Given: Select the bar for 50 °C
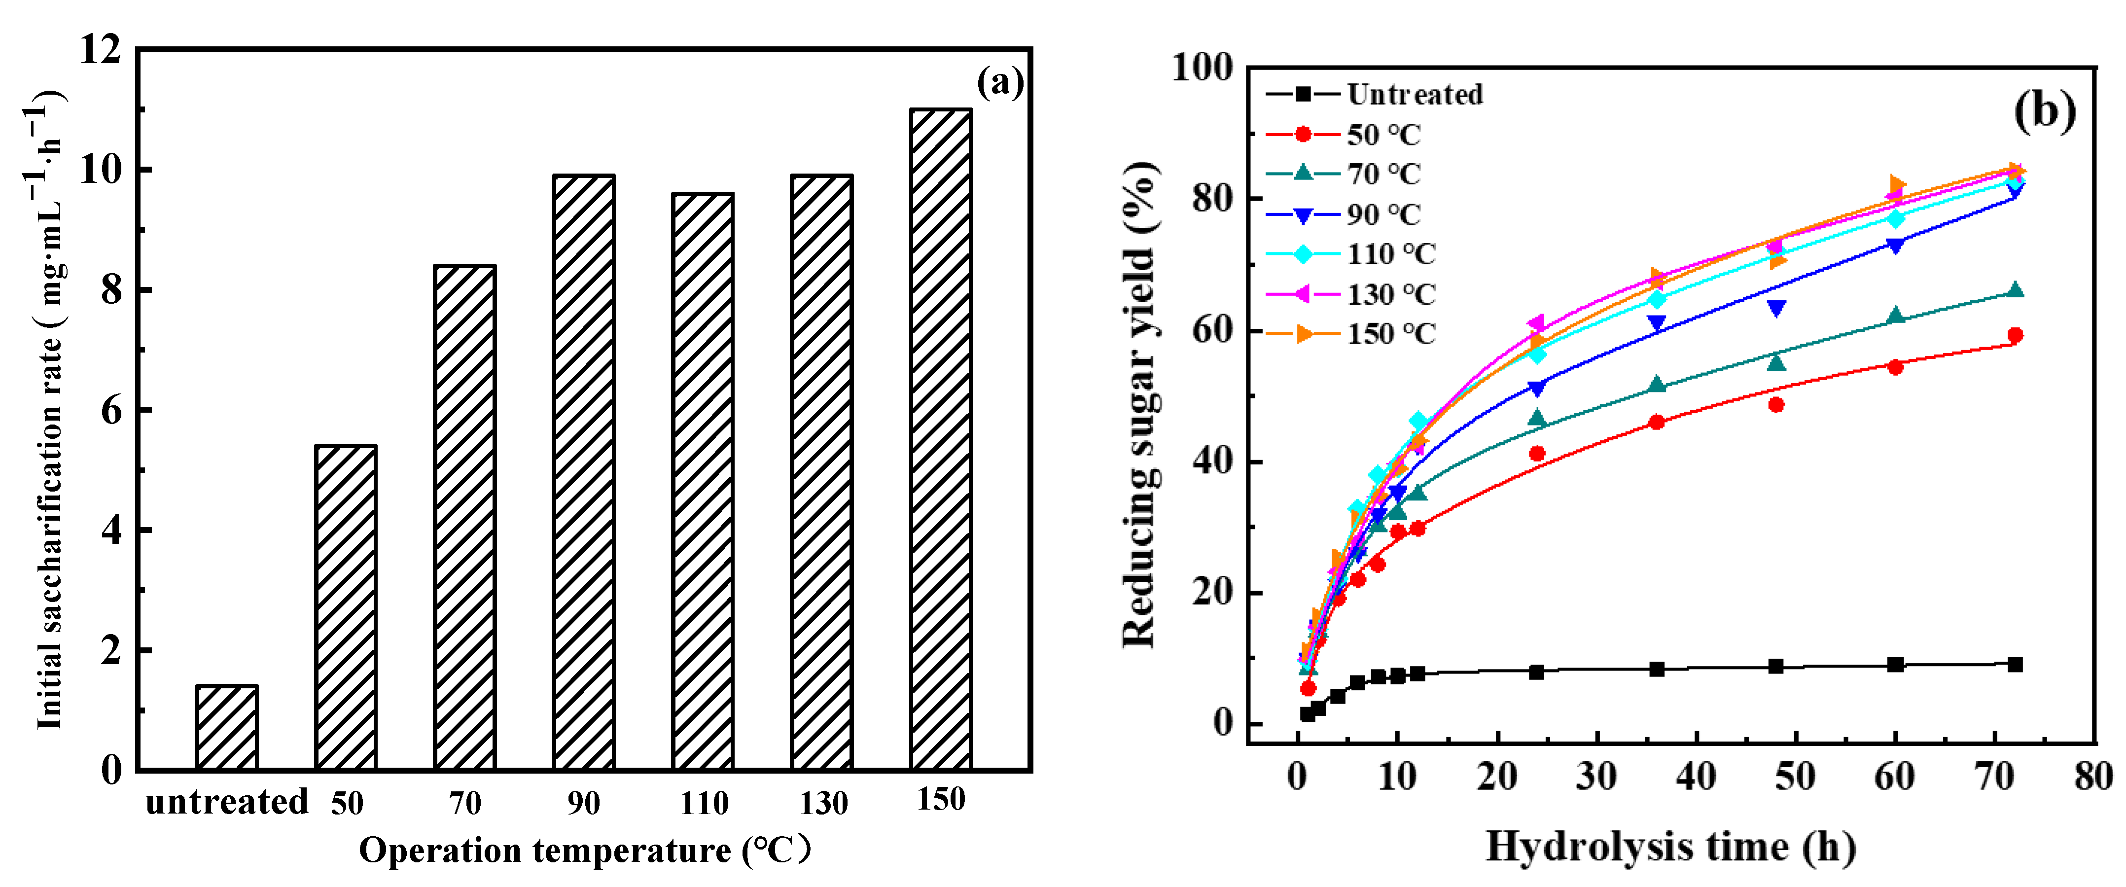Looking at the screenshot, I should click(x=346, y=607).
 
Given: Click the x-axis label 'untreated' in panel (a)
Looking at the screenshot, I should click(x=226, y=801).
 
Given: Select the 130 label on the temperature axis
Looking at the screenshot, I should click(x=823, y=803).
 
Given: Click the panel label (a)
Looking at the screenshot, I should click(x=999, y=82).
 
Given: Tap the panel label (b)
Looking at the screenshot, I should click(x=2044, y=110).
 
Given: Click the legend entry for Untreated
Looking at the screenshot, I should click(x=1374, y=94).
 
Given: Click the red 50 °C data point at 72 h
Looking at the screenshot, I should click(x=2015, y=335).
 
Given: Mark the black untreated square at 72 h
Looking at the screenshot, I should click(x=2015, y=664).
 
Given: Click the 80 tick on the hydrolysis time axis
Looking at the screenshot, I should click(x=2093, y=777).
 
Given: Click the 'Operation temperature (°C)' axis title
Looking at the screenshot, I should click(x=584, y=850).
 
